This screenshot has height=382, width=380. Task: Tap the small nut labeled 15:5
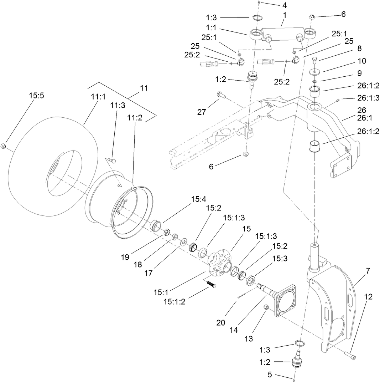coord(2,146)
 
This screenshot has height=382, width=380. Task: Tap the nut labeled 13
coord(265,307)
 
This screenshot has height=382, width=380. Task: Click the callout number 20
coord(221,322)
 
